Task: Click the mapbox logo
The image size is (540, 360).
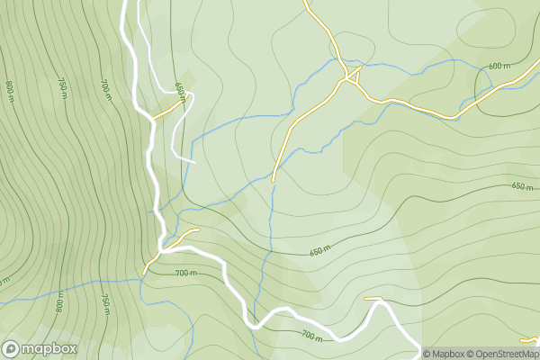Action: click(39, 348)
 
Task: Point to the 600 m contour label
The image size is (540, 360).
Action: click(499, 66)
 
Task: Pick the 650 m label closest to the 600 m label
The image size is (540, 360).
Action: click(522, 186)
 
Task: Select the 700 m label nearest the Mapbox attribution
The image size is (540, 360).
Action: click(312, 336)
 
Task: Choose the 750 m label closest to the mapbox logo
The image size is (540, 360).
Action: click(105, 305)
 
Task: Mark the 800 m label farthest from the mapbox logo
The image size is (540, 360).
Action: click(10, 90)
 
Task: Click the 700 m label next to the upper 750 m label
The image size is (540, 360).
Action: click(105, 87)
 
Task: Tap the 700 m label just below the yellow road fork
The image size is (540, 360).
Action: click(185, 272)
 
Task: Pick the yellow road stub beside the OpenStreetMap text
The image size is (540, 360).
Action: click(529, 340)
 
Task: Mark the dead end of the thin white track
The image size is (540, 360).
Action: click(193, 162)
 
